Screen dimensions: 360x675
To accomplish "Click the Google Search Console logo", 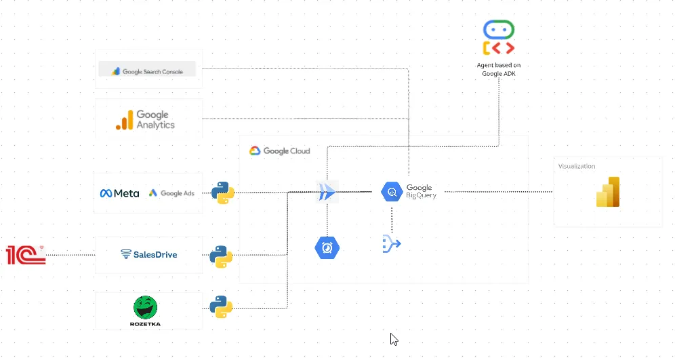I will (x=146, y=71).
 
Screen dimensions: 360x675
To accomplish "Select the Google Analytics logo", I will (x=145, y=120).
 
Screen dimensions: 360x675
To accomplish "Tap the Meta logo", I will (x=120, y=193).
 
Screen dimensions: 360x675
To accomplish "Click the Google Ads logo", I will (x=171, y=193).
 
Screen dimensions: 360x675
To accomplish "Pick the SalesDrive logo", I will (x=148, y=254).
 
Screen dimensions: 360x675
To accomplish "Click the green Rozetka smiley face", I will (x=145, y=308).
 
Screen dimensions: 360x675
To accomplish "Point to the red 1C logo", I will (x=26, y=254).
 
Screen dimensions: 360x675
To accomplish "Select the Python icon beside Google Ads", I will (x=223, y=193).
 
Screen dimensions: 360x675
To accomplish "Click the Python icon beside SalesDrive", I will (x=221, y=256).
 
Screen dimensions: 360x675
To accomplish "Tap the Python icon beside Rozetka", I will (x=221, y=306).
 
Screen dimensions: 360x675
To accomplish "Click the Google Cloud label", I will (x=279, y=151).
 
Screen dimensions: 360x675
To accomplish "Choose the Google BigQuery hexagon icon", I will (x=392, y=193).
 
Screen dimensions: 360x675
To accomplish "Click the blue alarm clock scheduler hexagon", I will (x=327, y=247).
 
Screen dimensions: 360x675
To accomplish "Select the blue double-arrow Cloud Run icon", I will (x=327, y=192).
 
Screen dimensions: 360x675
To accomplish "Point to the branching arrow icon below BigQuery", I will (x=392, y=243).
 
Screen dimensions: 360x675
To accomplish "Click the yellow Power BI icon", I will (x=607, y=192).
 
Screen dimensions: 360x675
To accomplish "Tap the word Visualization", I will (x=577, y=166).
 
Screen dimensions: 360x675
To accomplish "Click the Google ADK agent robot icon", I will (x=498, y=38).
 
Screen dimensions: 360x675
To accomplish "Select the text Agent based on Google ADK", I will (x=498, y=69).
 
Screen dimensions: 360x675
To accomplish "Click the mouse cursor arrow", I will (x=394, y=339).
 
